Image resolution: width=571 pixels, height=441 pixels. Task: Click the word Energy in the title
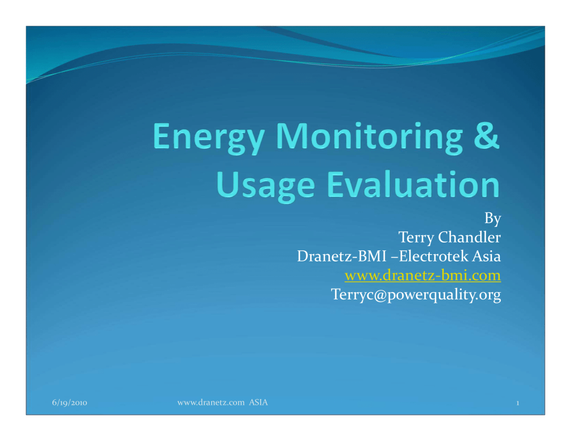(209, 138)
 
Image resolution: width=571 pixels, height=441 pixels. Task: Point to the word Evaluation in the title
(413, 184)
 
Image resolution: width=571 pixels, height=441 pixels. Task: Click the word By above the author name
(493, 219)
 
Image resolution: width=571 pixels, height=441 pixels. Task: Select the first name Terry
(415, 238)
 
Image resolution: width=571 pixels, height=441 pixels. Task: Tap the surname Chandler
(470, 237)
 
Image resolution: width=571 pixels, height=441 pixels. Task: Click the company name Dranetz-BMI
(342, 256)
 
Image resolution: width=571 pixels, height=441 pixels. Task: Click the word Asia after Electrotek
(486, 256)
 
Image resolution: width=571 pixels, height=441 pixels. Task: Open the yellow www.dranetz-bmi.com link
(423, 275)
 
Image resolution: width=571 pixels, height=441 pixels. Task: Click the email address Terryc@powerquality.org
(416, 294)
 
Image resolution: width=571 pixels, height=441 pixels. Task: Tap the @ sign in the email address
(380, 295)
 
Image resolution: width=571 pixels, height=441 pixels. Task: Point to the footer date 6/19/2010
(70, 403)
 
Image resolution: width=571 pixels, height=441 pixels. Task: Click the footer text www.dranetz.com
(211, 403)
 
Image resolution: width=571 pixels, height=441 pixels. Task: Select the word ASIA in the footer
(258, 403)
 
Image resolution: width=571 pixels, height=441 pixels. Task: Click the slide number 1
(517, 403)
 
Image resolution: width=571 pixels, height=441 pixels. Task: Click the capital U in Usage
(227, 184)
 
